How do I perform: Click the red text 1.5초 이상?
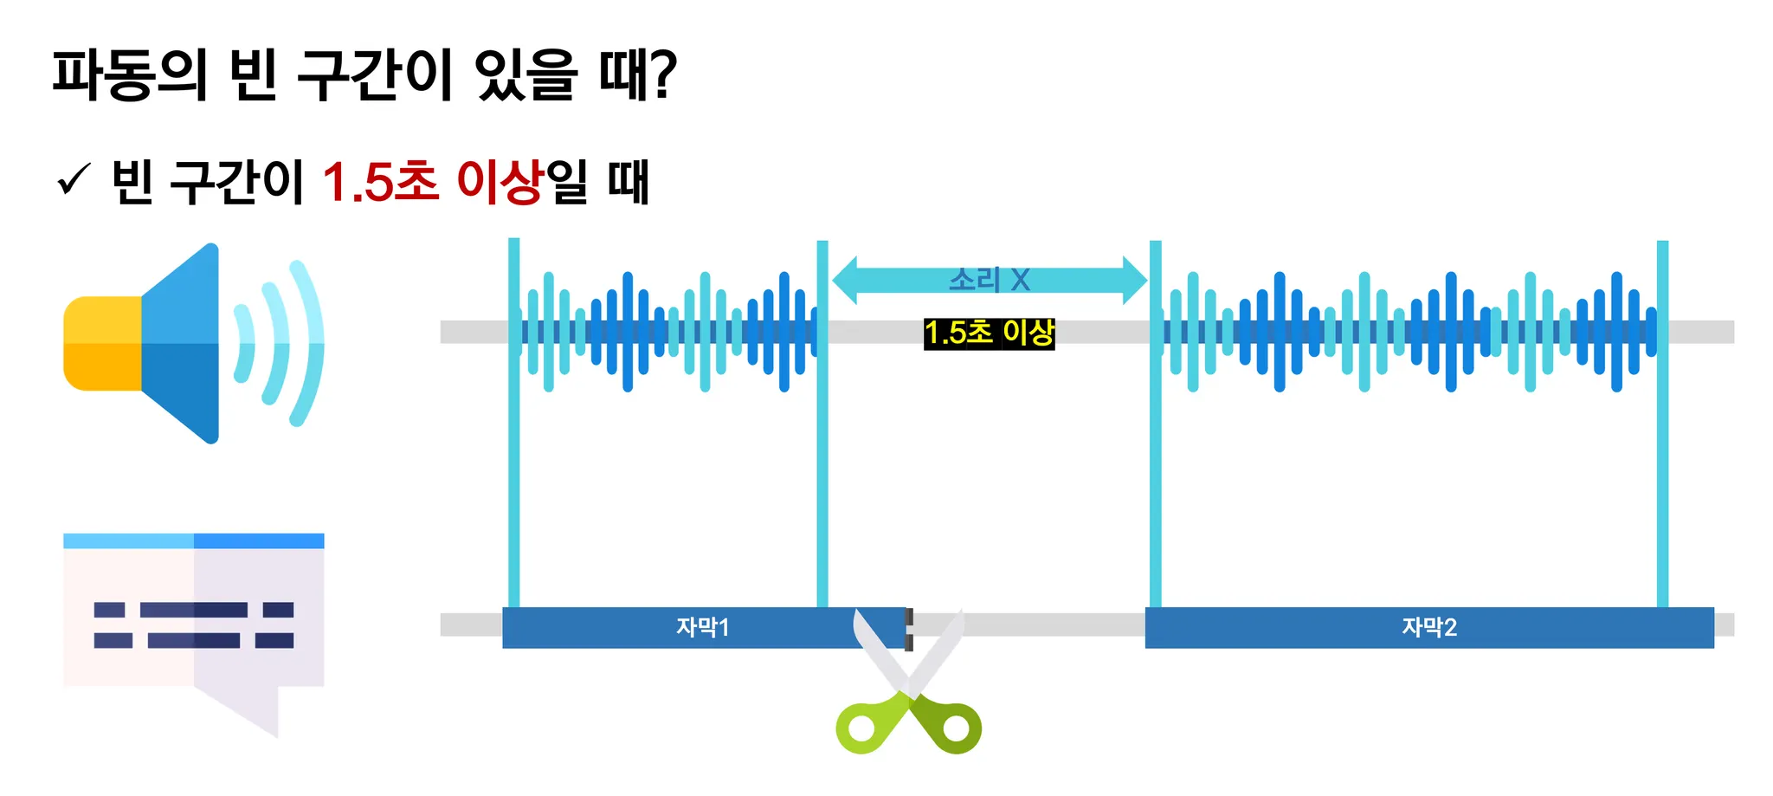[x=432, y=181]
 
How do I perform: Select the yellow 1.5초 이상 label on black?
[x=989, y=333]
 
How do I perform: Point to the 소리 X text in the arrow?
[x=989, y=280]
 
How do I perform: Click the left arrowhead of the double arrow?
[x=845, y=280]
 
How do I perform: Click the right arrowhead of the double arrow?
[x=1134, y=280]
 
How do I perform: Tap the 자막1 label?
[x=702, y=627]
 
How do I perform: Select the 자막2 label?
[x=1429, y=627]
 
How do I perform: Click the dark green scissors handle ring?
[x=956, y=728]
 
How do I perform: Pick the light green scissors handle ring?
[x=861, y=728]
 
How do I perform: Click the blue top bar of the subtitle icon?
[x=194, y=541]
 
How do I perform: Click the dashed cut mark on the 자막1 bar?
[x=908, y=629]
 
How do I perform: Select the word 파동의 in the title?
[x=130, y=74]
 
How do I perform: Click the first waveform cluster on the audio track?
[x=667, y=332]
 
